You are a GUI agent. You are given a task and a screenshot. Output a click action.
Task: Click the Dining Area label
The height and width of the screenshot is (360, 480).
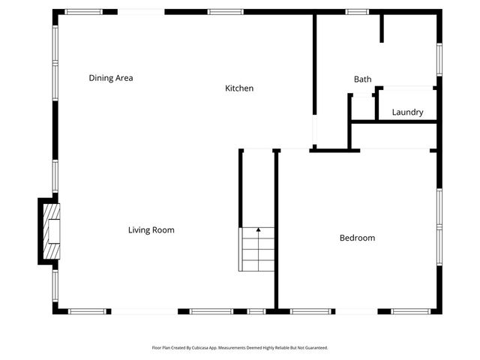pos(110,78)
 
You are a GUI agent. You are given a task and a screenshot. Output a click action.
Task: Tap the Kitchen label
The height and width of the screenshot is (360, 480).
pos(239,88)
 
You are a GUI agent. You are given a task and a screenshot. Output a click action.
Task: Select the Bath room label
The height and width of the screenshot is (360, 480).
pos(362,79)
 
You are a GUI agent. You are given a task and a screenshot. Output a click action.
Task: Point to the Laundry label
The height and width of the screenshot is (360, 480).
pos(407,112)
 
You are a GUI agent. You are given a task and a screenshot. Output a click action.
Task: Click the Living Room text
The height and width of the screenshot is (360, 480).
pos(151,230)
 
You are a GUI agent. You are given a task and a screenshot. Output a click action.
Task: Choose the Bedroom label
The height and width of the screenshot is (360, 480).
pos(357,238)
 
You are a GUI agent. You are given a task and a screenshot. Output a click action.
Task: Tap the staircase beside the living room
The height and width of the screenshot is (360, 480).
pos(256,249)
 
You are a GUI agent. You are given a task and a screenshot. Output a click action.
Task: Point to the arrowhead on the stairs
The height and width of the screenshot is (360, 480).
pos(258,229)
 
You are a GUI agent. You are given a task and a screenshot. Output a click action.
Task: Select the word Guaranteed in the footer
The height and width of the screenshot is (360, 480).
pos(313,348)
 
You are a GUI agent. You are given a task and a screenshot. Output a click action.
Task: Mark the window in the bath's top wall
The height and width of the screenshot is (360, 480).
pos(357,12)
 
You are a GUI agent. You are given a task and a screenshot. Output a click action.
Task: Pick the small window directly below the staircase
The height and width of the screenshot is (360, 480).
pos(256,310)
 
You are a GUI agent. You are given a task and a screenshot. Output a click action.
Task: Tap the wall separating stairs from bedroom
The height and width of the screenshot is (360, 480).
pos(276,229)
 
